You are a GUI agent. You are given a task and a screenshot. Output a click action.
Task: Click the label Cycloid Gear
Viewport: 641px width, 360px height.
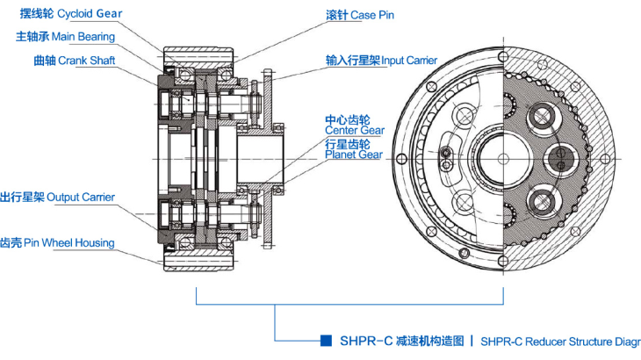[x=90, y=14]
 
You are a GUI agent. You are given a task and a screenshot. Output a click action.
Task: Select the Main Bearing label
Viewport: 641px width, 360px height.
[x=83, y=36]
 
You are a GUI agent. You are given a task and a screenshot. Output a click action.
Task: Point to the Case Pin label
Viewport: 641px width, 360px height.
[x=373, y=15]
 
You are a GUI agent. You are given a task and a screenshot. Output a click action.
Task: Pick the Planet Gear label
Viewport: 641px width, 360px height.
[x=353, y=155]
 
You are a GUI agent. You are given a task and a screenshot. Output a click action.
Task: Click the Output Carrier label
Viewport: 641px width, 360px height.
[x=80, y=197]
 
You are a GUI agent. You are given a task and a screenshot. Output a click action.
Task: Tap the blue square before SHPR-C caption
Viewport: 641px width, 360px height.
[x=325, y=340]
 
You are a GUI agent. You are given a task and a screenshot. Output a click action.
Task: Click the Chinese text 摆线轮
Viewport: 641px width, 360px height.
[x=36, y=14]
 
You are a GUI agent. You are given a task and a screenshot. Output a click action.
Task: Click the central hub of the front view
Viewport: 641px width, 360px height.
[x=502, y=158]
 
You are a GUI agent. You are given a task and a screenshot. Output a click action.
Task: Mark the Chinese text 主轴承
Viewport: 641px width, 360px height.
[x=32, y=36]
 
